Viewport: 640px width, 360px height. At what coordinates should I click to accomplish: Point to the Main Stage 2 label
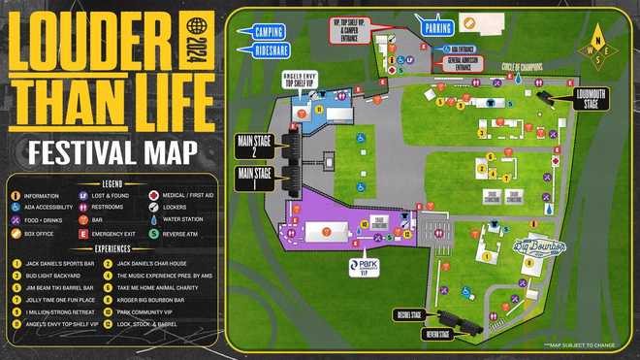tap(256, 147)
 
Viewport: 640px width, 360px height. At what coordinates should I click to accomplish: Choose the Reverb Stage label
tap(437, 335)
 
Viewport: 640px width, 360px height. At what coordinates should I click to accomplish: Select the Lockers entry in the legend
tap(176, 207)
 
